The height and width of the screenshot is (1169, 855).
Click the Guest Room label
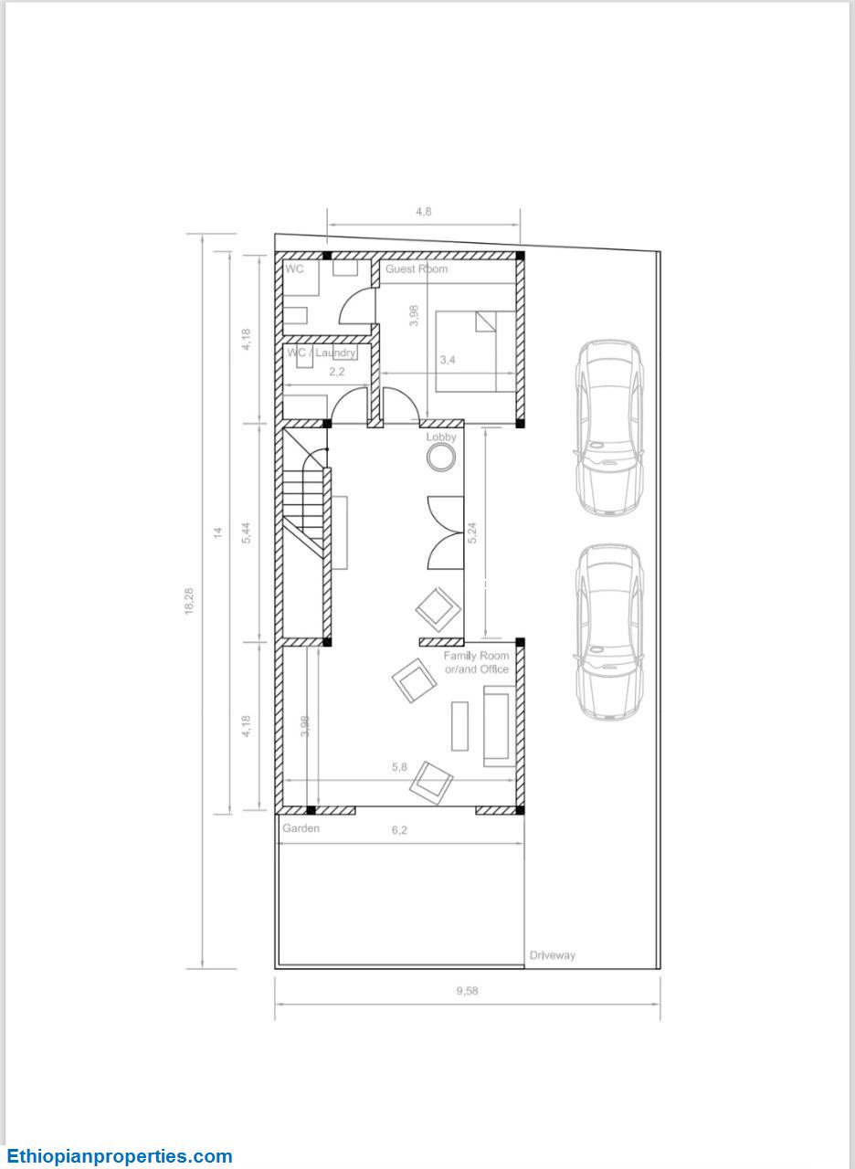tap(417, 269)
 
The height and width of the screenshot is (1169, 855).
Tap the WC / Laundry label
tap(321, 353)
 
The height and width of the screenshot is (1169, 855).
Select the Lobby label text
tap(441, 437)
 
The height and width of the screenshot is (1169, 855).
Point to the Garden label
tap(301, 828)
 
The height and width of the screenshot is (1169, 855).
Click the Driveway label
tap(553, 955)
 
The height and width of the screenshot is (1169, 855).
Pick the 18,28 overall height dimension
tap(189, 601)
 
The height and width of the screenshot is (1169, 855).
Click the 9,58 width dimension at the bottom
tap(467, 991)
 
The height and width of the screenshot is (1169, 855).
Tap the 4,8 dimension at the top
tap(423, 212)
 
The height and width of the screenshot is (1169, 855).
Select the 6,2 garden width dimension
tap(399, 830)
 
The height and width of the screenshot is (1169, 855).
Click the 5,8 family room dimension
tap(399, 767)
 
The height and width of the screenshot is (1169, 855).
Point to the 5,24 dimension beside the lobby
tap(472, 532)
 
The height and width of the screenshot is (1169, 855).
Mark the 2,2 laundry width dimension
tap(337, 372)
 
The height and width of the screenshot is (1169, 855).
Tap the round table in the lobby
tap(440, 458)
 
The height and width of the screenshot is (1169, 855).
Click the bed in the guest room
tap(476, 352)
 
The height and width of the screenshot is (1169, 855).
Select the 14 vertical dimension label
tap(218, 532)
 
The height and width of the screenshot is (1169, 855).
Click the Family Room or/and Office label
tap(476, 662)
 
